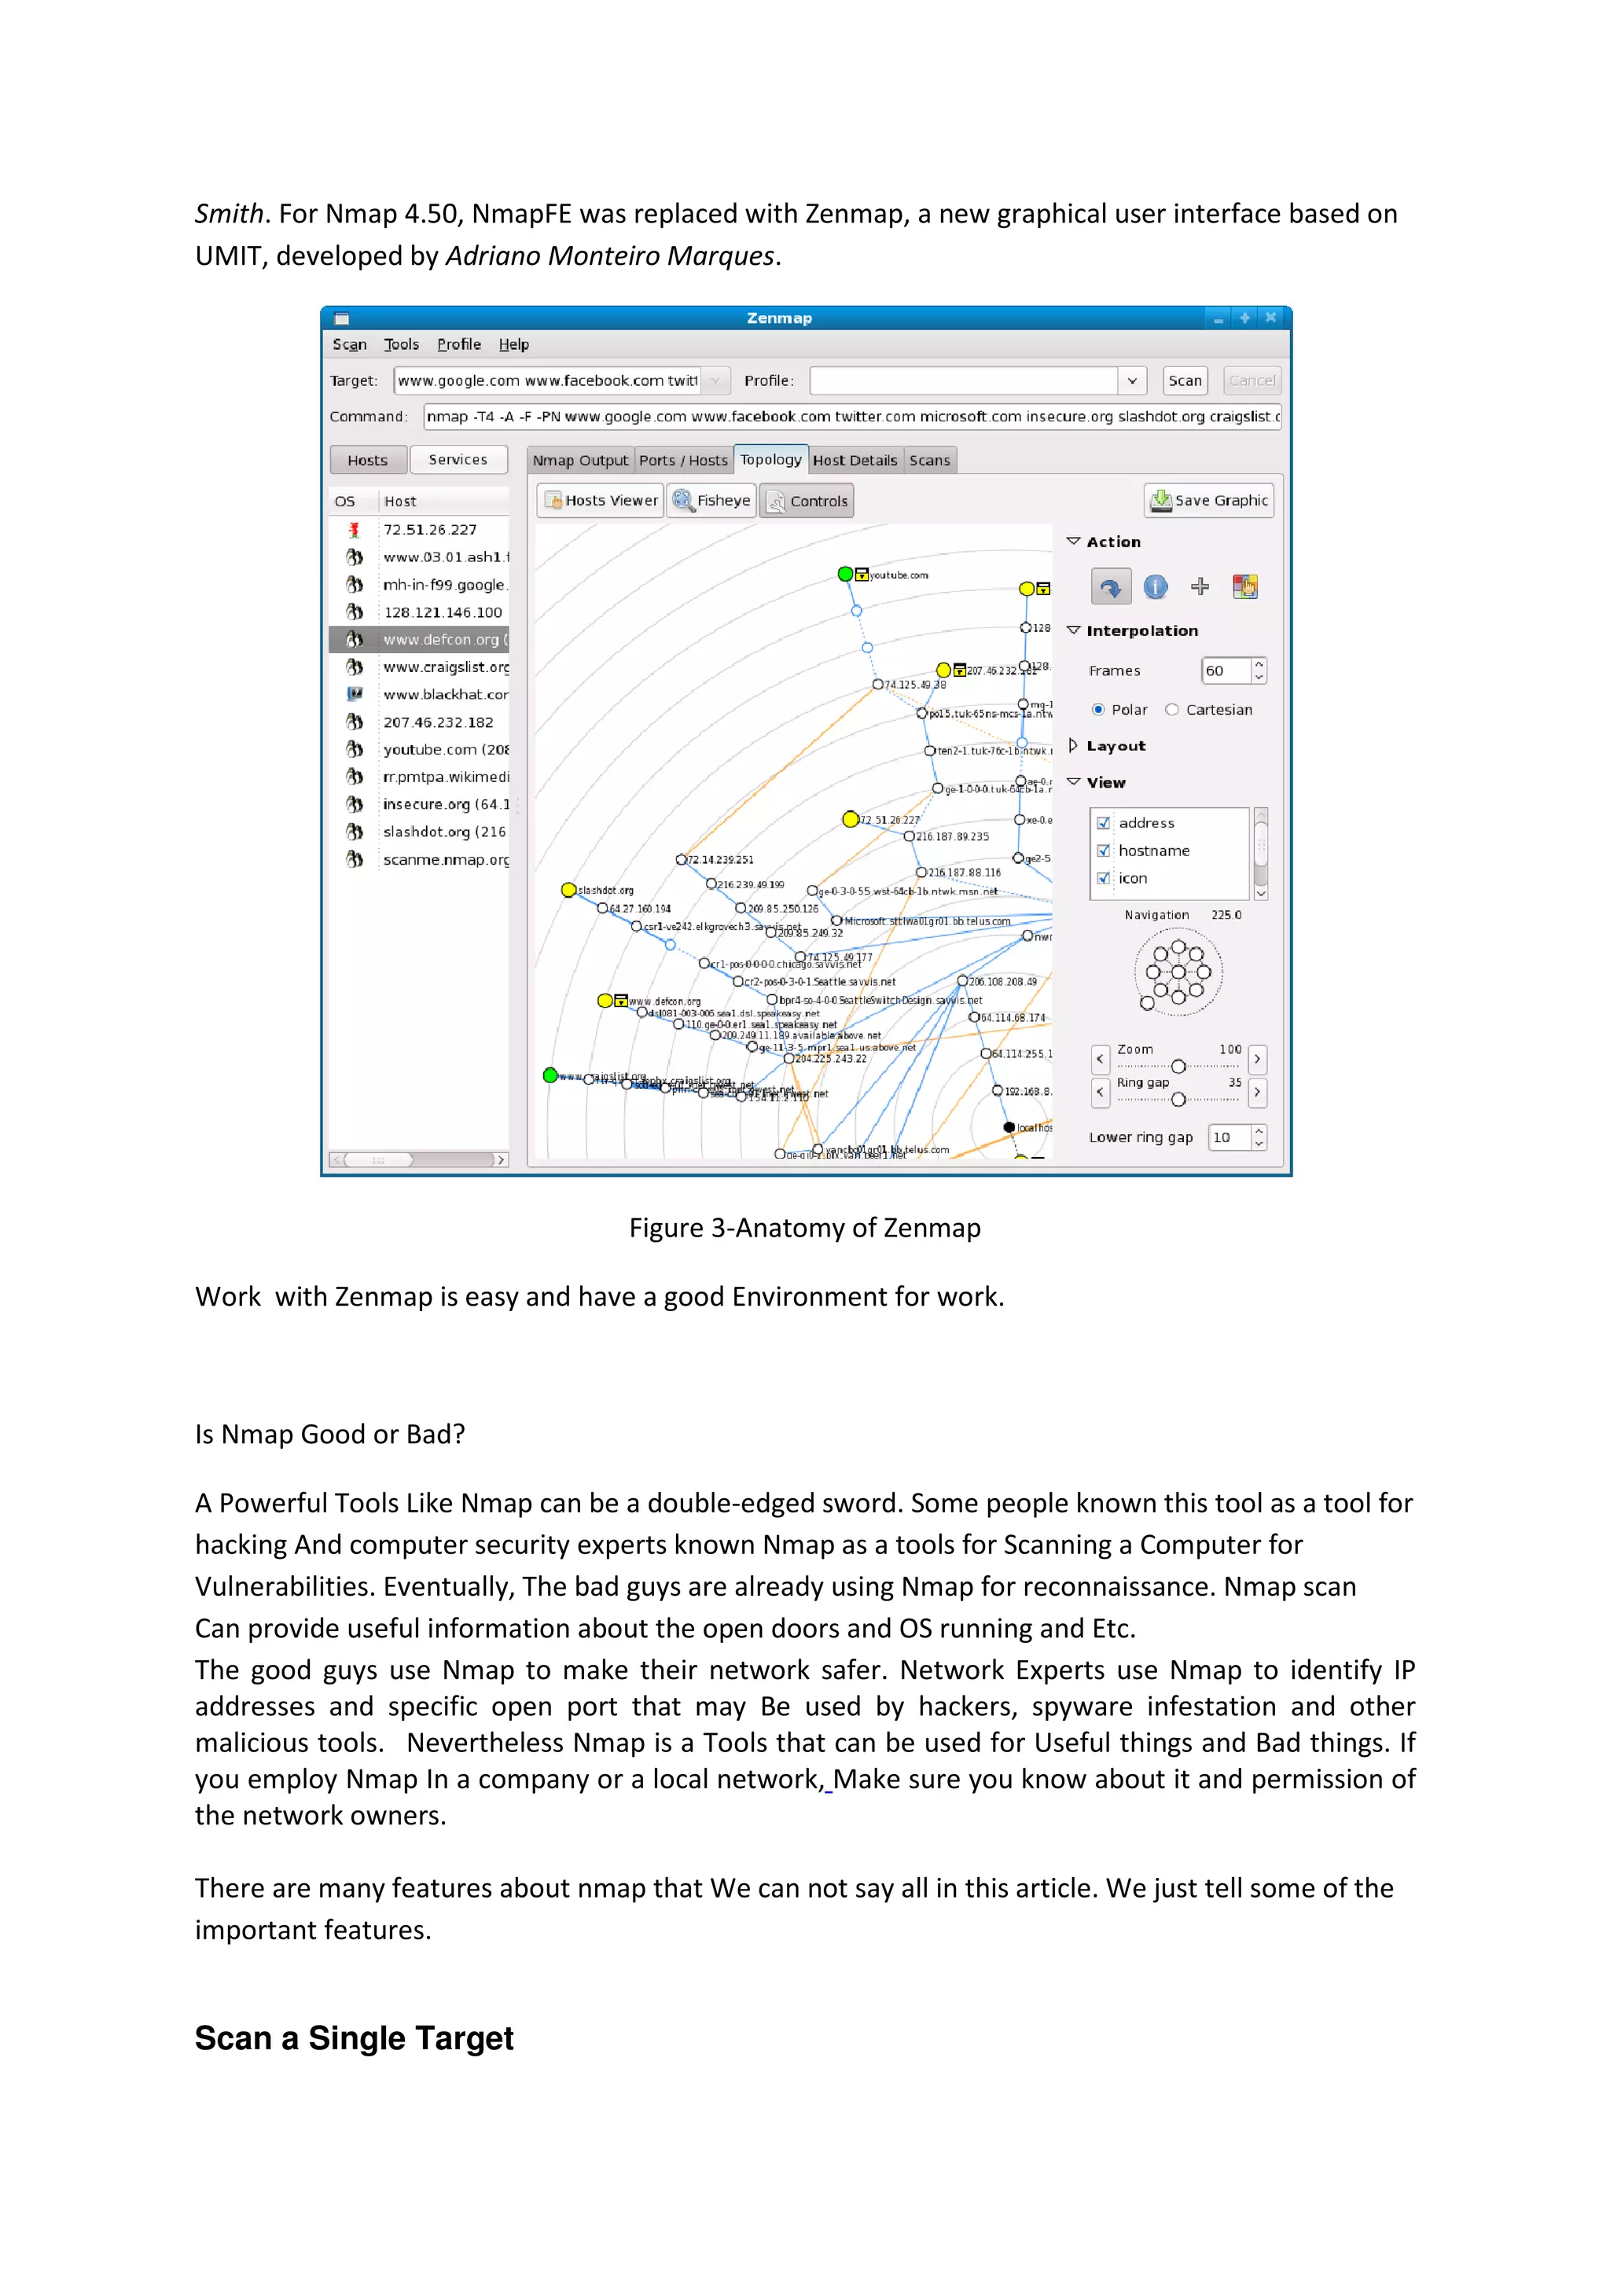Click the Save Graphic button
(1208, 500)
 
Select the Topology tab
(770, 459)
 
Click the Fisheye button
(711, 500)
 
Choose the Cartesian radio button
(1171, 709)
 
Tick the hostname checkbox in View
(1103, 851)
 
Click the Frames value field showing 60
(1224, 671)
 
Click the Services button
(458, 459)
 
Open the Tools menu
(401, 344)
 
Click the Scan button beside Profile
(1185, 380)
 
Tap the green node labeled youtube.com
(845, 574)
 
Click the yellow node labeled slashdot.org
(568, 889)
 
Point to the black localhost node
(1009, 1127)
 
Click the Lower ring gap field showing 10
(1227, 1137)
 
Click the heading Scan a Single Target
(354, 2038)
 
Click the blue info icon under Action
(1155, 586)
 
